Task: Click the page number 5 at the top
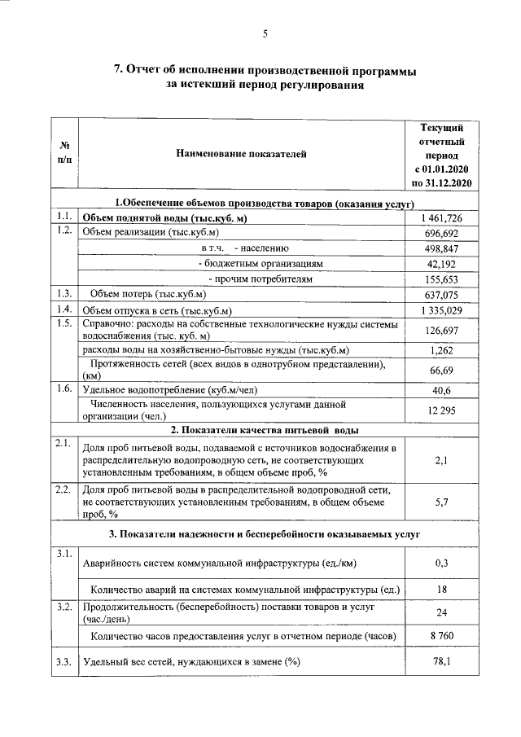click(x=265, y=33)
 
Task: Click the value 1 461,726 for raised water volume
click(x=442, y=217)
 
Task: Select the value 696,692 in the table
click(x=442, y=233)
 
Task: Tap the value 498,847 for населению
click(x=442, y=248)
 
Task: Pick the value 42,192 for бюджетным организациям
click(x=442, y=264)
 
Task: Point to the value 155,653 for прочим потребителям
click(x=442, y=279)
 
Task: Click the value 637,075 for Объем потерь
click(x=442, y=294)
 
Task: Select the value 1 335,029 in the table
click(x=442, y=309)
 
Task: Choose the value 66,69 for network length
click(x=442, y=371)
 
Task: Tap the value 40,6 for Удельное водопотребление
click(x=442, y=390)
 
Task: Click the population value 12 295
click(x=442, y=410)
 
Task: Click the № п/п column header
click(x=64, y=152)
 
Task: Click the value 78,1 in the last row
click(x=442, y=661)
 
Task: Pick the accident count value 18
click(x=442, y=588)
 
